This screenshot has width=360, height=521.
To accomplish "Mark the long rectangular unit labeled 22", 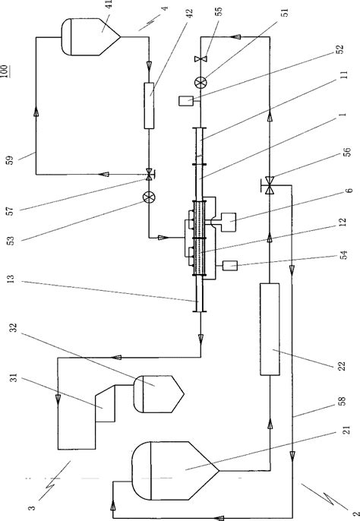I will click(x=269, y=328).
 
